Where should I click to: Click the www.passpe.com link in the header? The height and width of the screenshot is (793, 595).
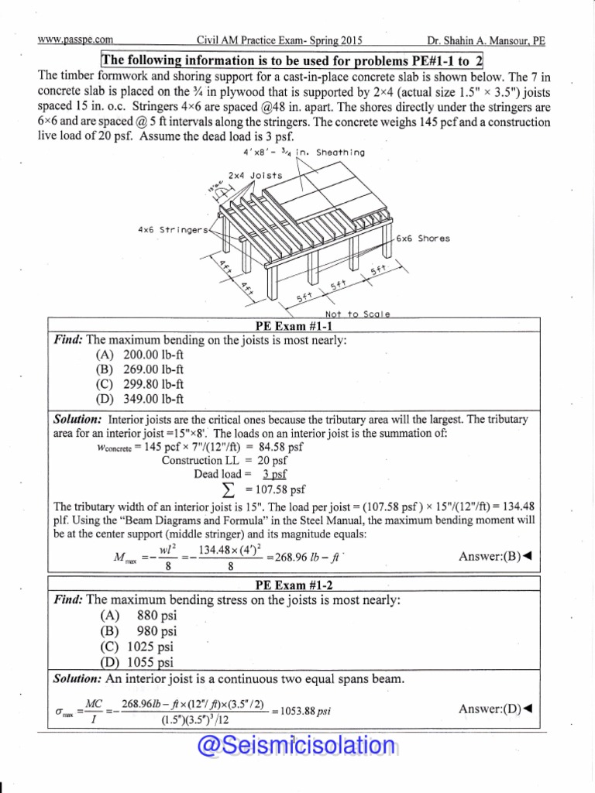click(75, 40)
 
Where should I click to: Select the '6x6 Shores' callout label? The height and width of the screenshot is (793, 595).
click(422, 239)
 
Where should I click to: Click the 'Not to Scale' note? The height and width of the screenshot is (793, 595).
click(357, 314)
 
